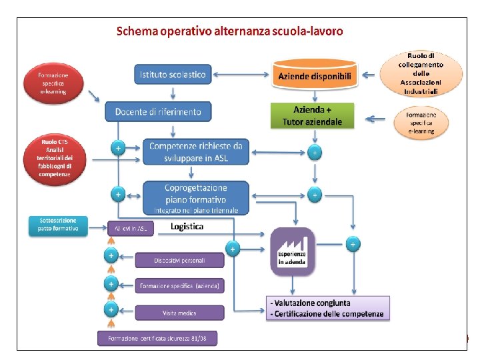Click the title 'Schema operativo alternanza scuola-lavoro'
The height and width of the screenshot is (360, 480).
230,31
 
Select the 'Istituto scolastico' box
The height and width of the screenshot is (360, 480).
173,75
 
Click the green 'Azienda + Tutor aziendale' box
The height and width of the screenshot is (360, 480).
312,115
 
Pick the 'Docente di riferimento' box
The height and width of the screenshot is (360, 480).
158,111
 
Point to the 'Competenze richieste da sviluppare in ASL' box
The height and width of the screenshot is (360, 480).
195,151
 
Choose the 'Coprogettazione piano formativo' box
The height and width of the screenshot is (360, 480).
195,197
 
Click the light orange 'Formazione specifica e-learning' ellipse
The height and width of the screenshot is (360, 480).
421,122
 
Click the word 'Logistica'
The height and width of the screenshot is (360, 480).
187,227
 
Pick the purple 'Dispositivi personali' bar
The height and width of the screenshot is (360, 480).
179,260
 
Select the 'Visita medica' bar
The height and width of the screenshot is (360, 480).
179,312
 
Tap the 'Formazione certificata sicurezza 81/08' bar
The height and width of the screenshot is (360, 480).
157,339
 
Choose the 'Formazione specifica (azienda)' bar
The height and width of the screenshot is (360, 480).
179,286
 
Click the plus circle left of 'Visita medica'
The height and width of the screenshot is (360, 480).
111,309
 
